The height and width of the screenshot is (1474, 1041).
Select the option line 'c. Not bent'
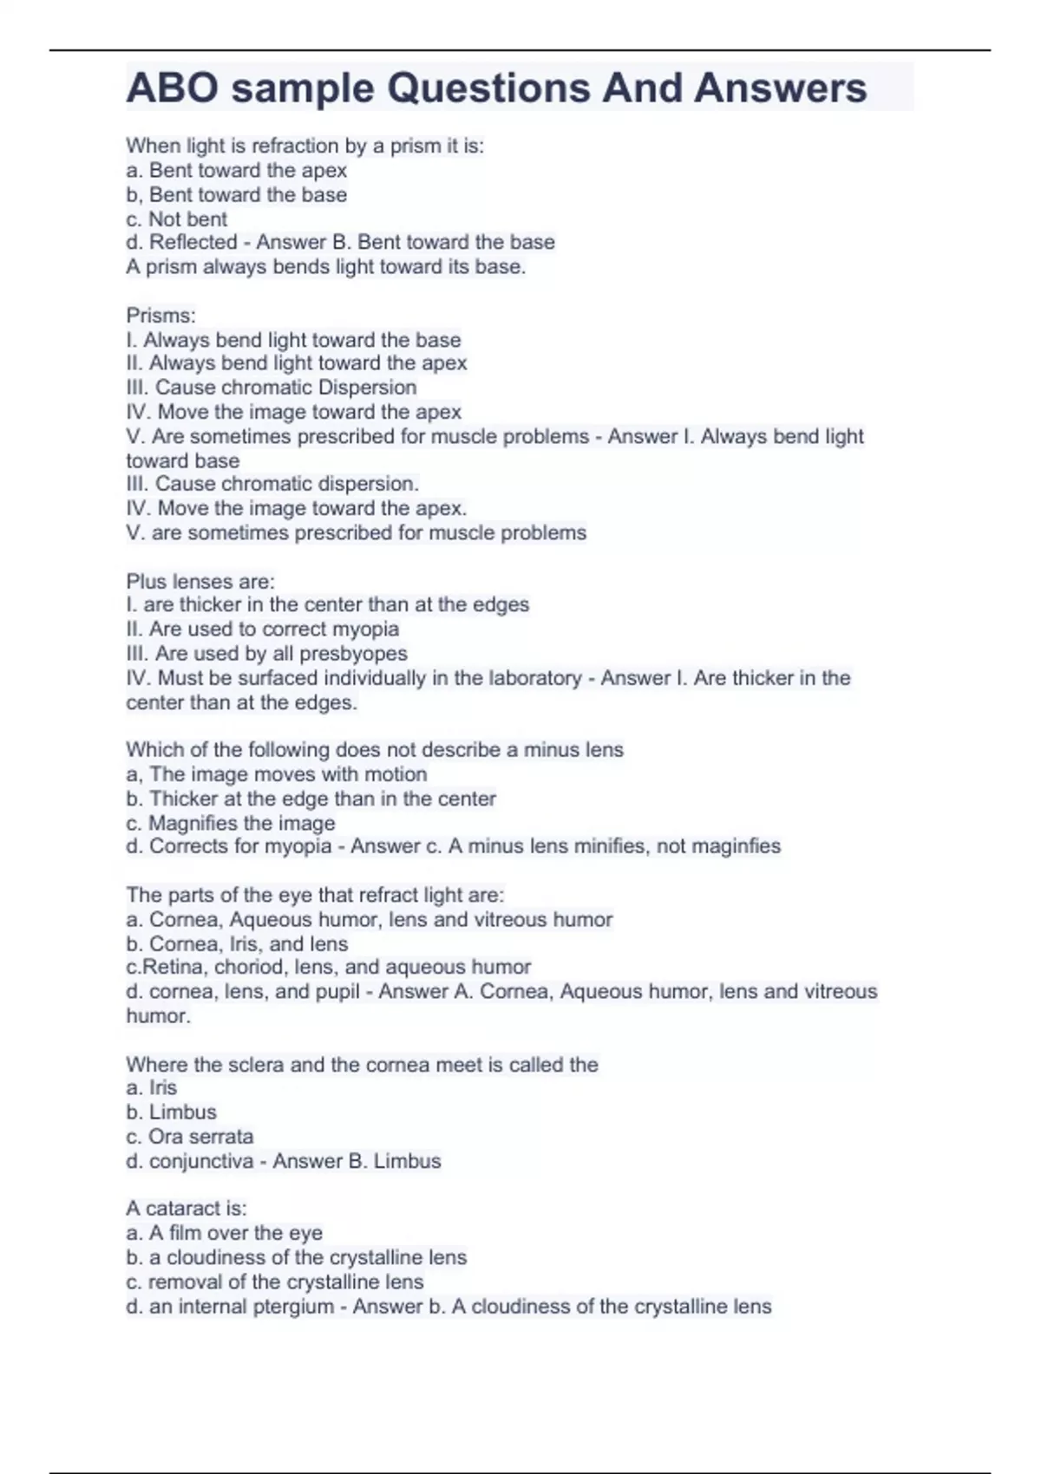176,219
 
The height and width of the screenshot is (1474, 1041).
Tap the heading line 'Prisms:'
160,315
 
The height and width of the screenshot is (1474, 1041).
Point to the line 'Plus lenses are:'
200,581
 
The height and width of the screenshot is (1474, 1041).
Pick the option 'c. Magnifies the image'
230,823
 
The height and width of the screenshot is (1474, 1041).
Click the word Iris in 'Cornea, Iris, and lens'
246,943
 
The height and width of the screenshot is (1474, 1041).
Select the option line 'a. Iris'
151,1088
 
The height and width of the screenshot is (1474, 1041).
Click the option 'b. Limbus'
171,1112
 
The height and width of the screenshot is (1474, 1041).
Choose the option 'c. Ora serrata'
189,1137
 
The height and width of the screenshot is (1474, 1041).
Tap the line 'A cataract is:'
186,1209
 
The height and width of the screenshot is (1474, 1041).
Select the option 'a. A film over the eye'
224,1233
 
